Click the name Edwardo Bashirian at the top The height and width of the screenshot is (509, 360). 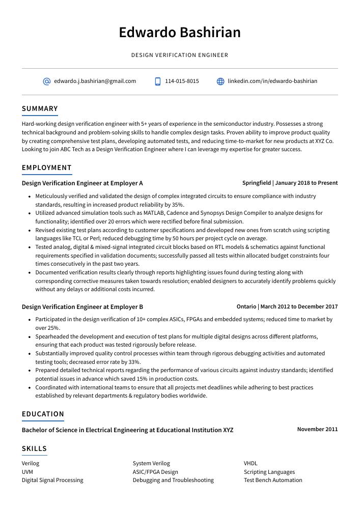point(180,33)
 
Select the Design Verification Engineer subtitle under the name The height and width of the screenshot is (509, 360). point(180,55)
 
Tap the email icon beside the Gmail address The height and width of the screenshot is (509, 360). point(47,81)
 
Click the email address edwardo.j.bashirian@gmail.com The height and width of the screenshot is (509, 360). point(95,81)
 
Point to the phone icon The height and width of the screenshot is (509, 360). point(158,81)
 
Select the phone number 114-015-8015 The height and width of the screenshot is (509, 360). point(182,81)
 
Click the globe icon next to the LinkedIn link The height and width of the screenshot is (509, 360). point(220,81)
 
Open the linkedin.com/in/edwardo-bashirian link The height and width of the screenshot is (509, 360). point(272,81)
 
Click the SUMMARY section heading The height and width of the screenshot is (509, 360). point(40,108)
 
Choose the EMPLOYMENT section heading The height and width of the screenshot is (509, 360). point(47,167)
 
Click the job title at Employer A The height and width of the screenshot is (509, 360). point(82,183)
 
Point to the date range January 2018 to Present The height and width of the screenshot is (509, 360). point(307,183)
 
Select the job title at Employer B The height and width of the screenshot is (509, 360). point(82,307)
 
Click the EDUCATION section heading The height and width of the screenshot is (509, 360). point(43,414)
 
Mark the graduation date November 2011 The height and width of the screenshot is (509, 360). point(317,429)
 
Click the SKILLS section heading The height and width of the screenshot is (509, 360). point(34,448)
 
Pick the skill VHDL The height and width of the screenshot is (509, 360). point(251,463)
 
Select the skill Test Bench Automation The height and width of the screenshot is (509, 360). point(273,480)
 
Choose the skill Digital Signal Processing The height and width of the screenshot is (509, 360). point(52,480)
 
